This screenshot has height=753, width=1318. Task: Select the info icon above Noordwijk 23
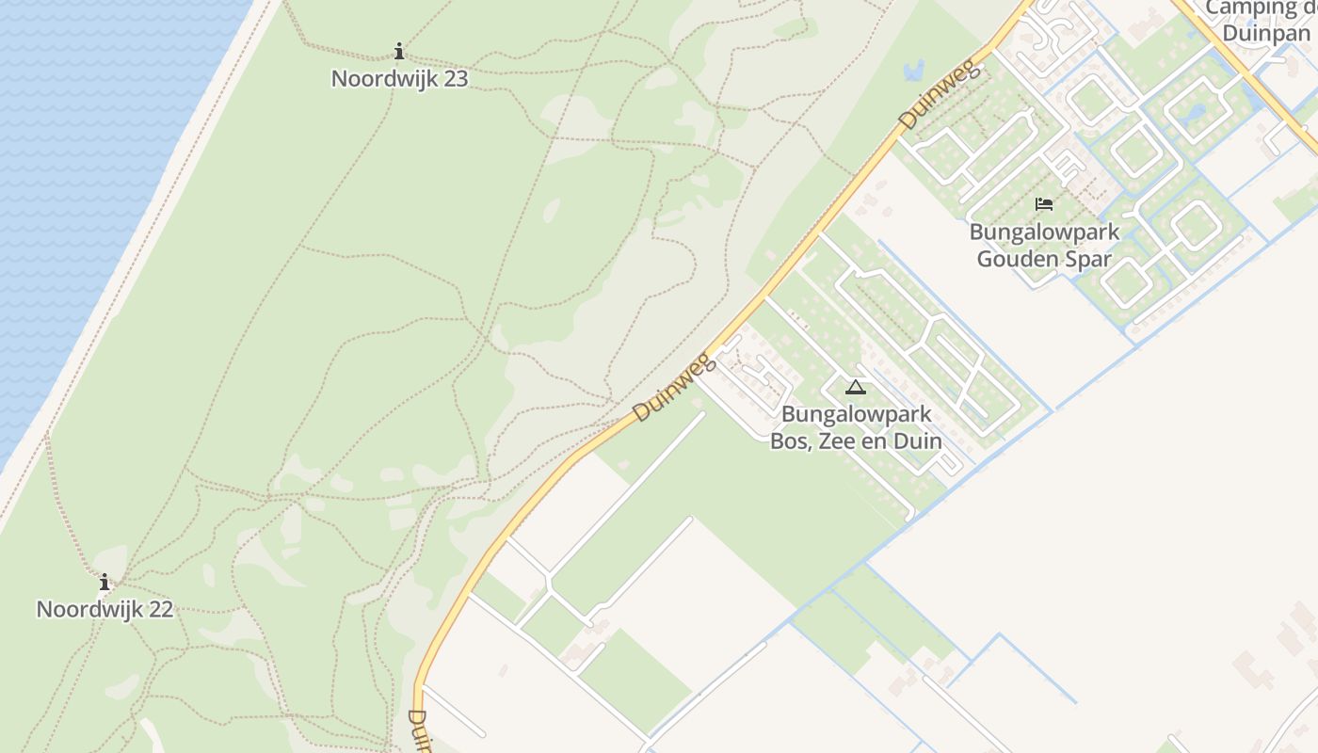click(399, 51)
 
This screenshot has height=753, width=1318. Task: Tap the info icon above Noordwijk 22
click(104, 583)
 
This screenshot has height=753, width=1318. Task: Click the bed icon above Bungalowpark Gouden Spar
click(1044, 203)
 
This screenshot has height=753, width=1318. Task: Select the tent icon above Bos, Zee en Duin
click(855, 387)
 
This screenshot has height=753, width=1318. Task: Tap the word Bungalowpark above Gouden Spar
click(1044, 232)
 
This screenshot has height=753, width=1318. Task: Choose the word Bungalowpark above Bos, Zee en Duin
click(856, 414)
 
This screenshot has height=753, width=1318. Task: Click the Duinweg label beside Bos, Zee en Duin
click(673, 387)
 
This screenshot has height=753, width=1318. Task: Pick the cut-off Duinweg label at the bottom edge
click(419, 730)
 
